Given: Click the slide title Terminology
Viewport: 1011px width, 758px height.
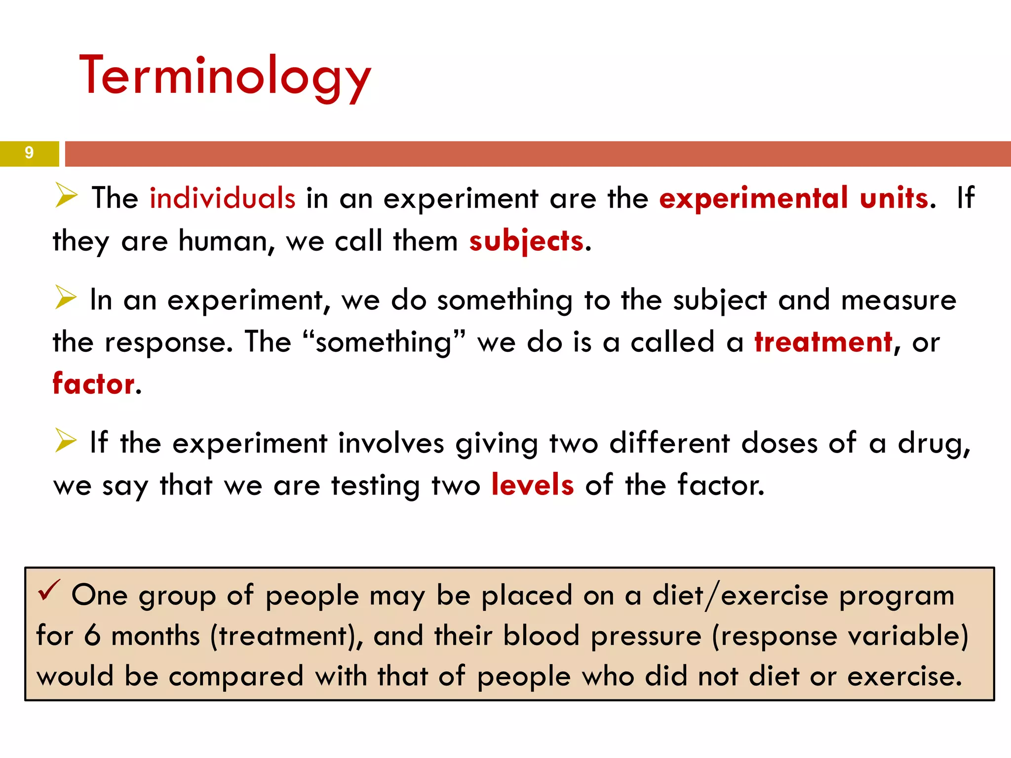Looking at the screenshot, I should (225, 76).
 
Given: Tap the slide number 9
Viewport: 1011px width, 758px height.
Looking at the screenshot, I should (29, 152).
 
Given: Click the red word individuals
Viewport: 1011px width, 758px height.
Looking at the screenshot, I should (222, 198).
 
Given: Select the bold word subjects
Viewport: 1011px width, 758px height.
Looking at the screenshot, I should (526, 241).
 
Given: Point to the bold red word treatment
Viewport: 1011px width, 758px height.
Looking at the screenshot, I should (823, 342).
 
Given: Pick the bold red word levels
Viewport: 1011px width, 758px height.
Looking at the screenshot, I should (533, 485).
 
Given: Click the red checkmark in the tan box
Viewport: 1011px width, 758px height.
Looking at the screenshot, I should (49, 590).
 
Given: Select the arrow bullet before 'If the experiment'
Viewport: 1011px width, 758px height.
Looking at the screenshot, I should (66, 440).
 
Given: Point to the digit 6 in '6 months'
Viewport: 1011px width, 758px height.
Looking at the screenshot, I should (92, 636).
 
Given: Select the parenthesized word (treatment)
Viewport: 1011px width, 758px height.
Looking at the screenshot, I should (286, 636).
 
